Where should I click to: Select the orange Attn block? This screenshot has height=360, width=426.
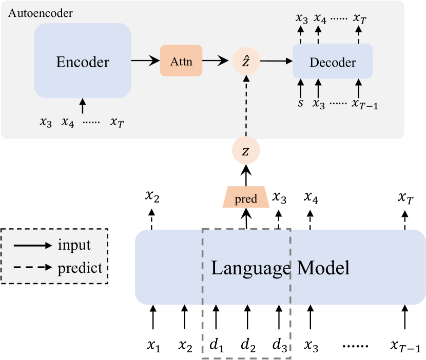pos(181,61)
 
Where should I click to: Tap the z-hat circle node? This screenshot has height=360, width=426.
pos(246,61)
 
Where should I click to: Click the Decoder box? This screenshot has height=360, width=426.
pos(332,62)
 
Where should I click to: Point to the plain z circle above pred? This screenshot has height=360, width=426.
pos(246,151)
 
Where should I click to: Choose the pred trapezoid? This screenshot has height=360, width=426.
pos(246,197)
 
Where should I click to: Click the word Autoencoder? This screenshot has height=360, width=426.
pos(41,13)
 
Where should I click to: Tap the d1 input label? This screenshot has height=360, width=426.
pos(216,346)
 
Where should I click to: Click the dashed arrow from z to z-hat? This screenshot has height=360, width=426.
pos(246,105)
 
